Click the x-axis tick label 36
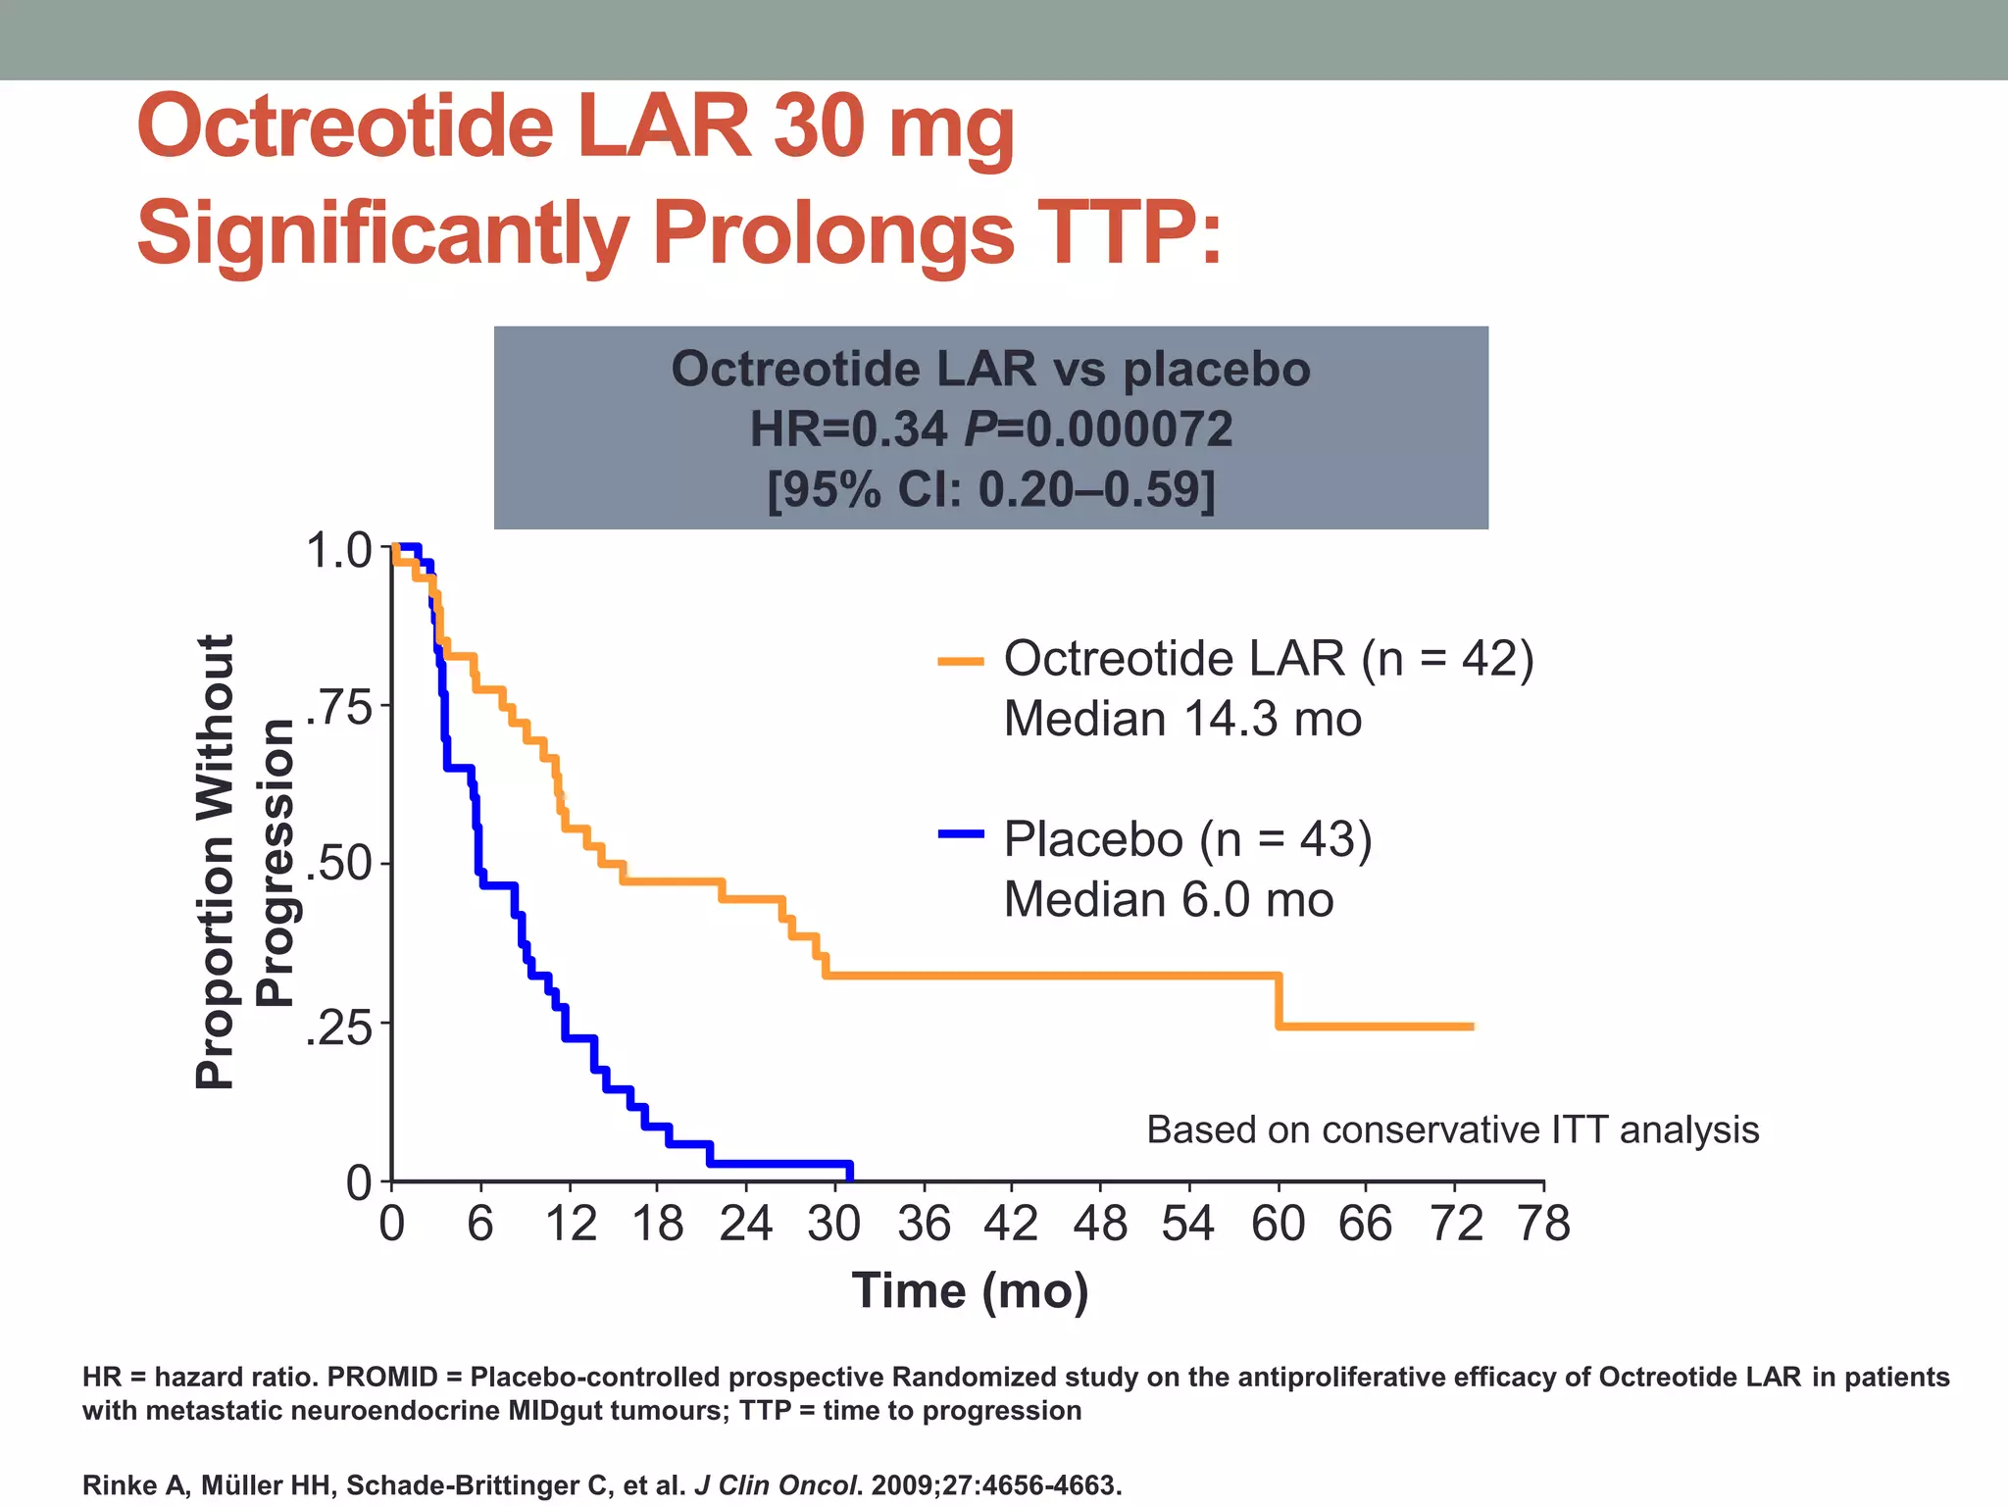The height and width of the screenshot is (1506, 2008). pyautogui.click(x=924, y=1225)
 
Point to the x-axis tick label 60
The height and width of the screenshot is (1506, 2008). pyautogui.click(x=1278, y=1225)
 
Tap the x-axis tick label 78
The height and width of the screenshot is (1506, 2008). pyautogui.click(x=1544, y=1225)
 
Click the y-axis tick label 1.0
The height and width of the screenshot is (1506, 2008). pyautogui.click(x=339, y=551)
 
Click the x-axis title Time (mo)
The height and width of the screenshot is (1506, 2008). pyautogui.click(x=970, y=1290)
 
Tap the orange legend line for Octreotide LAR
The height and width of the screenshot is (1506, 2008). pyautogui.click(x=961, y=662)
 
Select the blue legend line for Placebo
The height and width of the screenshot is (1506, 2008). pyautogui.click(x=961, y=834)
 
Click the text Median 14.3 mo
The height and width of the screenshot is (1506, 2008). pyautogui.click(x=1182, y=720)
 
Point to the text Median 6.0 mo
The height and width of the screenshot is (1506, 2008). pyautogui.click(x=1169, y=900)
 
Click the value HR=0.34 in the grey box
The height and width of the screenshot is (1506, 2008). pyautogui.click(x=849, y=429)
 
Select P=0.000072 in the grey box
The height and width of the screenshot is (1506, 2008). pyautogui.click(x=1098, y=429)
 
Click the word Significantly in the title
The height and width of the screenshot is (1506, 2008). pyautogui.click(x=382, y=233)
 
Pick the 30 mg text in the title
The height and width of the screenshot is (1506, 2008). pyautogui.click(x=892, y=127)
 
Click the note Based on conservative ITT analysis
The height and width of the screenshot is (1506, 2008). pyautogui.click(x=1452, y=1130)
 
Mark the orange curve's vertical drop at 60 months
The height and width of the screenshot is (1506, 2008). pyautogui.click(x=1279, y=1001)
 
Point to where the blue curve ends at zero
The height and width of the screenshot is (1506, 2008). pyautogui.click(x=849, y=1174)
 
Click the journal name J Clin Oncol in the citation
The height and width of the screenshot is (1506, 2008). pyautogui.click(x=778, y=1485)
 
